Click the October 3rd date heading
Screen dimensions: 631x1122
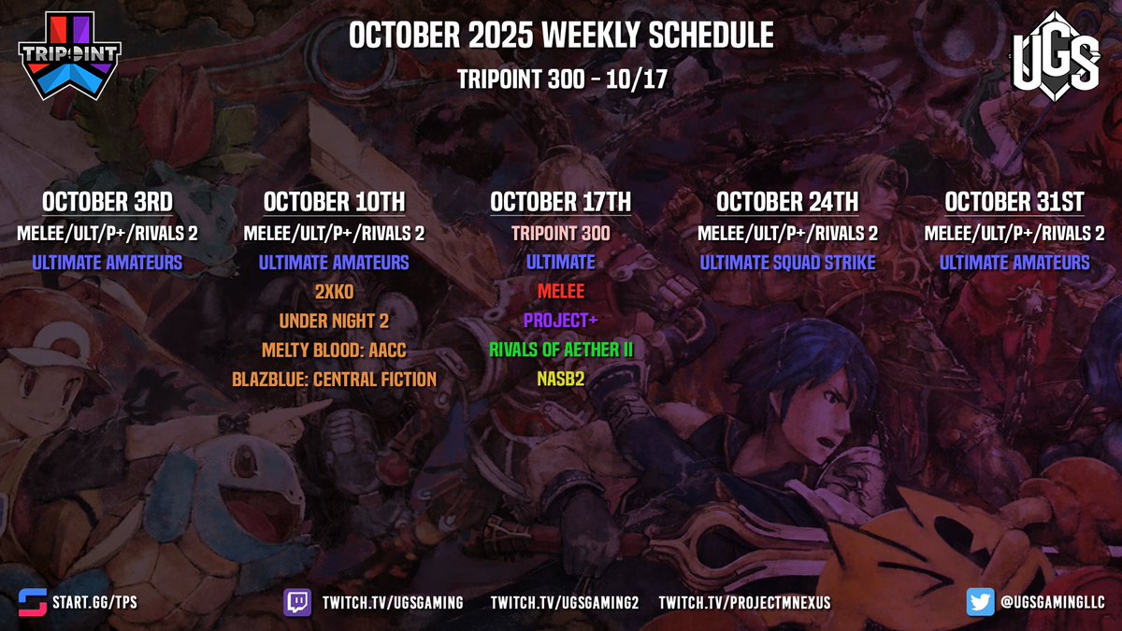tap(107, 202)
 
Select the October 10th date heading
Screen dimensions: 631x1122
tap(334, 202)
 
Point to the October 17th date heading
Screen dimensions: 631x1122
tap(560, 202)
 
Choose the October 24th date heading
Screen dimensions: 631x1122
tap(787, 202)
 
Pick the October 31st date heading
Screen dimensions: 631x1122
tap(1014, 202)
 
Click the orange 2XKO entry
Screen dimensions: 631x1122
tap(334, 292)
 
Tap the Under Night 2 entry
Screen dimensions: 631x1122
tap(334, 321)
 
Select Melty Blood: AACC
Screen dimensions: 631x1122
tap(334, 350)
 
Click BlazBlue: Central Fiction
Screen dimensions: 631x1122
tap(334, 379)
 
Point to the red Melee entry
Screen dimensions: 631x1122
tap(560, 292)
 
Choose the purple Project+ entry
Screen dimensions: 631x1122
tap(560, 321)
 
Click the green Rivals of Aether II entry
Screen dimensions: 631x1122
tap(560, 350)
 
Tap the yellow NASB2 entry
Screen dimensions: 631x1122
tap(560, 379)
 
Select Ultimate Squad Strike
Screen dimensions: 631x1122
tap(787, 263)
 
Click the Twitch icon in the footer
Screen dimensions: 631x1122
tap(297, 602)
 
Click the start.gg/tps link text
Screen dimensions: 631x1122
tap(97, 603)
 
